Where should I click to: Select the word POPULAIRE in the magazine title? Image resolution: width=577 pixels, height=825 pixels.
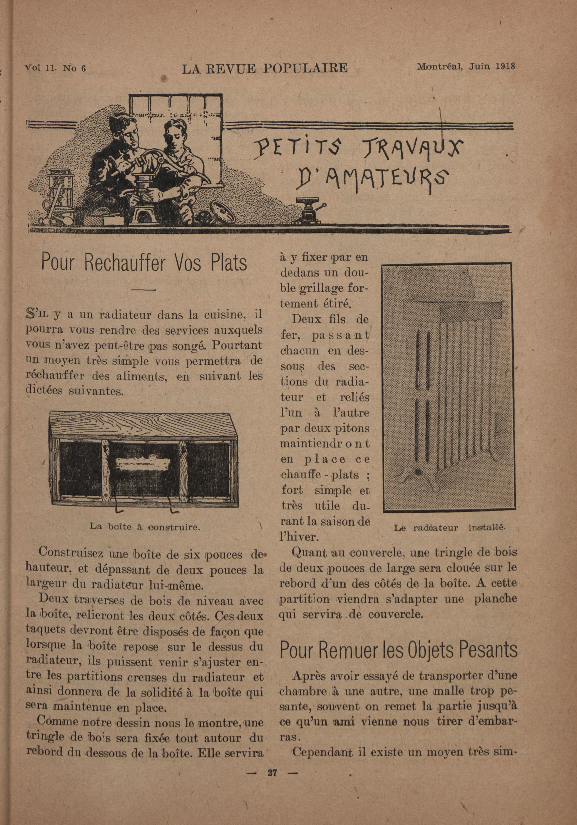tap(305, 68)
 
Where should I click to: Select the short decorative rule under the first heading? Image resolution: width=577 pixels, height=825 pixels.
tap(143, 289)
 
